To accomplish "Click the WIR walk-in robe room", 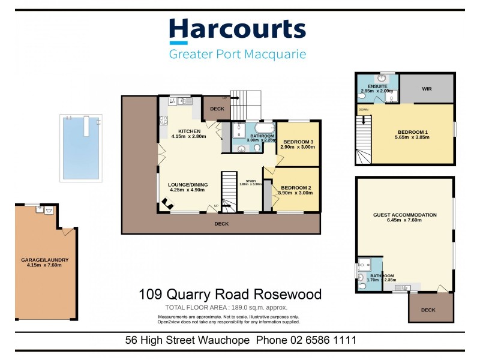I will (427, 89).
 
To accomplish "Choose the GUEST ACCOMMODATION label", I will (404, 215).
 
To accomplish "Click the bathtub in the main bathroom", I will (264, 128).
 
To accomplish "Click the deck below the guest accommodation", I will (428, 308).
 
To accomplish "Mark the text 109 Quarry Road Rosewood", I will (230, 295).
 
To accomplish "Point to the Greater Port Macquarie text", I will (237, 55).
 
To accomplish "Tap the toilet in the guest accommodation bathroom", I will (362, 286).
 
